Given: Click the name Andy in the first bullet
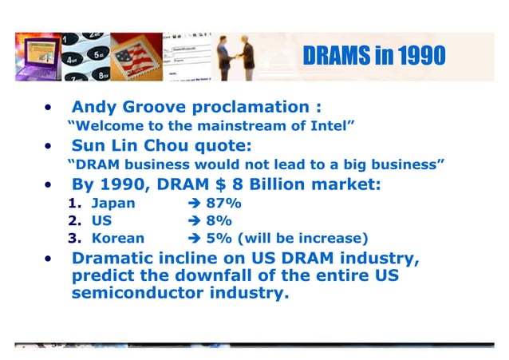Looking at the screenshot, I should coord(94,108).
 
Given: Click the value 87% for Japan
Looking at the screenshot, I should coord(224,204).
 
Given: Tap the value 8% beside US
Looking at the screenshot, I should coord(219,220).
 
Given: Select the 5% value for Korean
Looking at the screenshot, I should coord(219,238).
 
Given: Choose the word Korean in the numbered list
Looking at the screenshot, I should coord(118,238).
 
